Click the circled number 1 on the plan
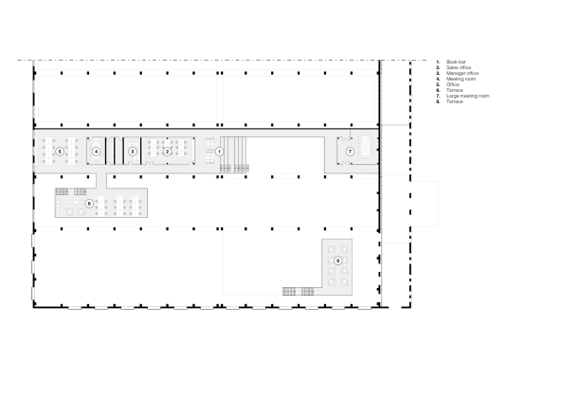tap(219, 151)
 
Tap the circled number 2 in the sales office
tap(167, 151)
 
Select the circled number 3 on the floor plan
tap(133, 151)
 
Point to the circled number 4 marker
tap(96, 151)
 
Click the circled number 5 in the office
tap(60, 151)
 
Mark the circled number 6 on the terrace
tap(89, 203)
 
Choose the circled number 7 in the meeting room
tap(349, 152)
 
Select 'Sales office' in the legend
tap(457, 66)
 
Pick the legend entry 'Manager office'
tap(459, 72)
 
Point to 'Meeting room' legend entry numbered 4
tap(458, 78)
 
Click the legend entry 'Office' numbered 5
tap(452, 83)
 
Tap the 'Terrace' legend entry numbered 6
tap(453, 89)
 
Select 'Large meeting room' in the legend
tap(462, 95)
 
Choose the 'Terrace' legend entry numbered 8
tap(453, 100)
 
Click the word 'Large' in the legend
tap(451, 95)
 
